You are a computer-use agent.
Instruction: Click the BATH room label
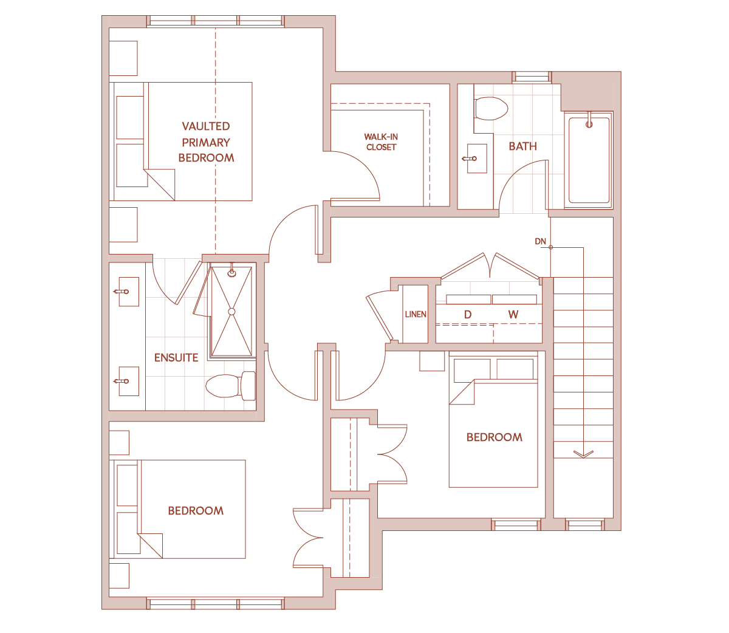point(522,146)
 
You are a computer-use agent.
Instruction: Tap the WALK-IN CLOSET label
point(381,142)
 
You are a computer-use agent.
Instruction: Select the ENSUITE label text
point(176,358)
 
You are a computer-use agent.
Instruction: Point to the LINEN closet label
point(416,314)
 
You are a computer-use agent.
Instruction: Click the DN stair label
point(540,241)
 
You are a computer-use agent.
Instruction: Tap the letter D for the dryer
point(468,314)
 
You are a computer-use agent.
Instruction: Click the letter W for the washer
point(513,314)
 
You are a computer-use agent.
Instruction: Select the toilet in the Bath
point(491,108)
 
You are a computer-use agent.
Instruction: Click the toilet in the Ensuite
point(230,386)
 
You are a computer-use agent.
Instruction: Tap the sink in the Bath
point(476,159)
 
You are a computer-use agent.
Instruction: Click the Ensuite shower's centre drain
point(231,312)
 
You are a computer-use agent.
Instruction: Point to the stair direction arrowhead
point(583,454)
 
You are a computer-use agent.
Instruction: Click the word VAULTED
point(206,126)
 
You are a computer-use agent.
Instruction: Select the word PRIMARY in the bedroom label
point(206,143)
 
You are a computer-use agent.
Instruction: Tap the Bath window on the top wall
point(532,77)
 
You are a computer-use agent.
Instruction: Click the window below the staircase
point(584,525)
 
